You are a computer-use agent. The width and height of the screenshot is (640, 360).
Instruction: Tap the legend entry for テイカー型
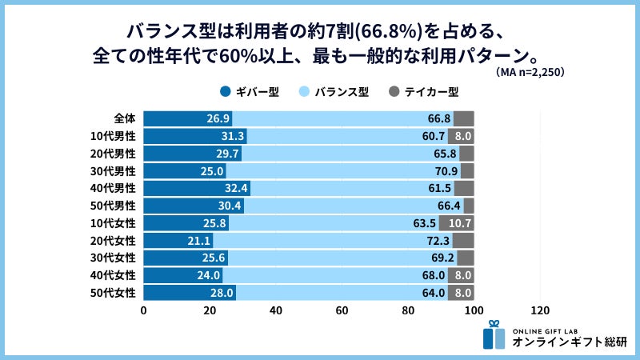(x=423, y=91)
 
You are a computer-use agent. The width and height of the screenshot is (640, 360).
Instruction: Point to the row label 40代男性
(x=114, y=188)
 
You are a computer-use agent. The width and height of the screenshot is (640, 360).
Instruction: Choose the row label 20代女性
(x=114, y=240)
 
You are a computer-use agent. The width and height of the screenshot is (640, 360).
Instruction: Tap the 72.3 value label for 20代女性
(x=437, y=241)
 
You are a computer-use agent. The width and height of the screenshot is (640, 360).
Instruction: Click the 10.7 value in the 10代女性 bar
(x=460, y=223)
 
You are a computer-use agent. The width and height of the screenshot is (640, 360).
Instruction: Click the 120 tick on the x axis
(x=540, y=310)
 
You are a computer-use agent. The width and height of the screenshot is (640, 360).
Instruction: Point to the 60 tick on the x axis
(x=342, y=310)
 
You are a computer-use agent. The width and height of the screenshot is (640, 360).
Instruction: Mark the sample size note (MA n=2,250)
(x=529, y=73)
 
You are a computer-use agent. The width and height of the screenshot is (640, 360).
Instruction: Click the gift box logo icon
(x=494, y=337)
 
